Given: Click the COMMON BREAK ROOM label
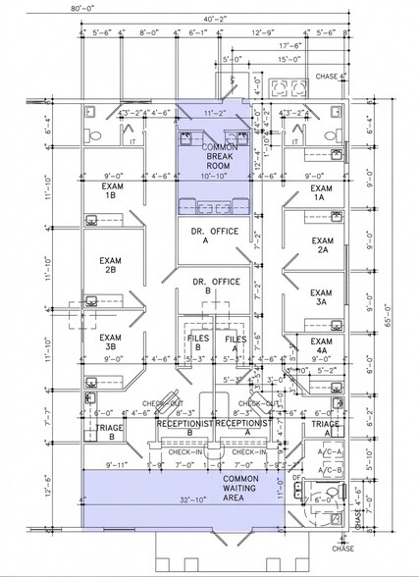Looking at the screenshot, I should [212, 156].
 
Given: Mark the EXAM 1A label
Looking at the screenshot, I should [320, 192].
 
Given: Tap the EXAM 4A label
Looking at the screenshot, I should [320, 344].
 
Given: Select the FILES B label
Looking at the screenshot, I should [199, 342].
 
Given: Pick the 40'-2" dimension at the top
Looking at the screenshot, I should [214, 18].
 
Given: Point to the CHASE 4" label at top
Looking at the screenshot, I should [327, 78].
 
